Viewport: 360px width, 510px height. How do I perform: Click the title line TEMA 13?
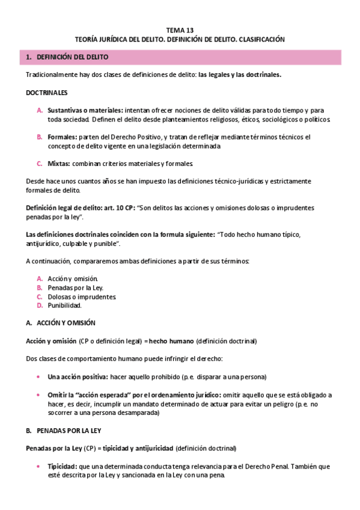click(x=180, y=29)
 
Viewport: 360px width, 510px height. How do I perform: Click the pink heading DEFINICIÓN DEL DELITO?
click(x=73, y=57)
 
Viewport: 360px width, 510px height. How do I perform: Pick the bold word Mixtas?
click(x=59, y=164)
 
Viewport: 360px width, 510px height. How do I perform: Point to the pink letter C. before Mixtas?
click(x=40, y=164)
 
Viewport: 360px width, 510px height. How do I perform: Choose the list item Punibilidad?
click(x=64, y=306)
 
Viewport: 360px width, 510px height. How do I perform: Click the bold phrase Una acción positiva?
click(x=78, y=376)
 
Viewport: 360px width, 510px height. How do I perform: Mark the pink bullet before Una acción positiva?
click(x=39, y=376)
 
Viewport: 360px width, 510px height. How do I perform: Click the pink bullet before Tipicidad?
click(x=39, y=467)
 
